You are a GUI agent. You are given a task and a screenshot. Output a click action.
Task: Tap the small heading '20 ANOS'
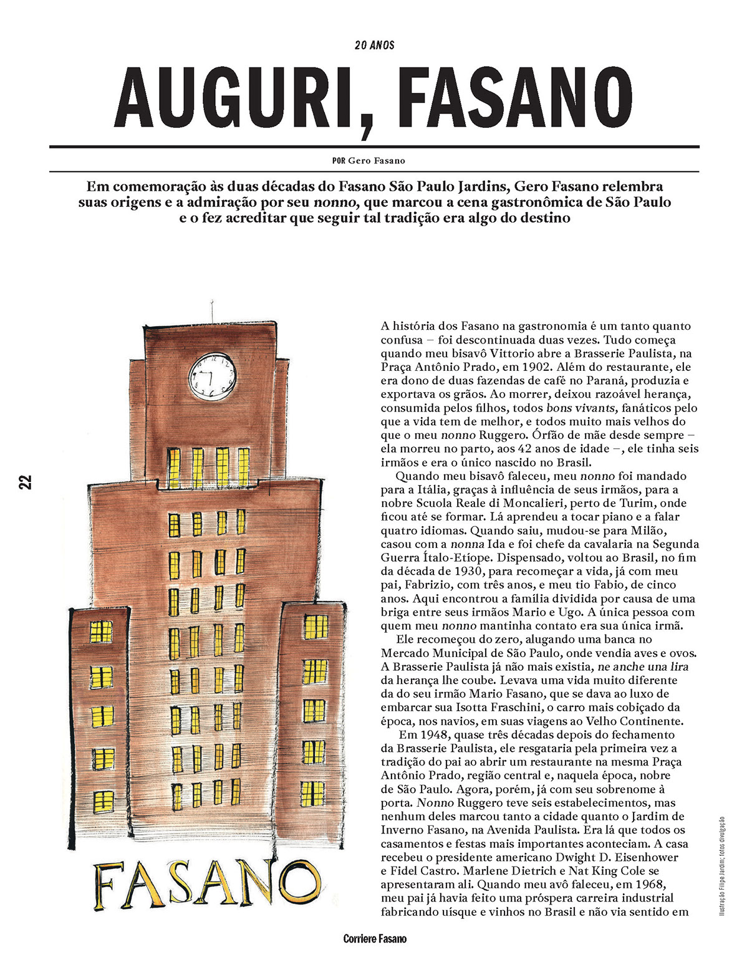click(x=374, y=46)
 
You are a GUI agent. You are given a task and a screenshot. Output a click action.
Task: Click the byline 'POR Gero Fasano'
click(x=369, y=161)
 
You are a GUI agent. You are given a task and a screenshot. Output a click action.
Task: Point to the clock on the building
click(x=213, y=377)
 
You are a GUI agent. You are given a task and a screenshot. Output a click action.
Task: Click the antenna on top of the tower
click(x=212, y=310)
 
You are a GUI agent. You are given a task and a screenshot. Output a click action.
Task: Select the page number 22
click(x=25, y=482)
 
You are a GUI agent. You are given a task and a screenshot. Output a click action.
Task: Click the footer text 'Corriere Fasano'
click(x=375, y=939)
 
